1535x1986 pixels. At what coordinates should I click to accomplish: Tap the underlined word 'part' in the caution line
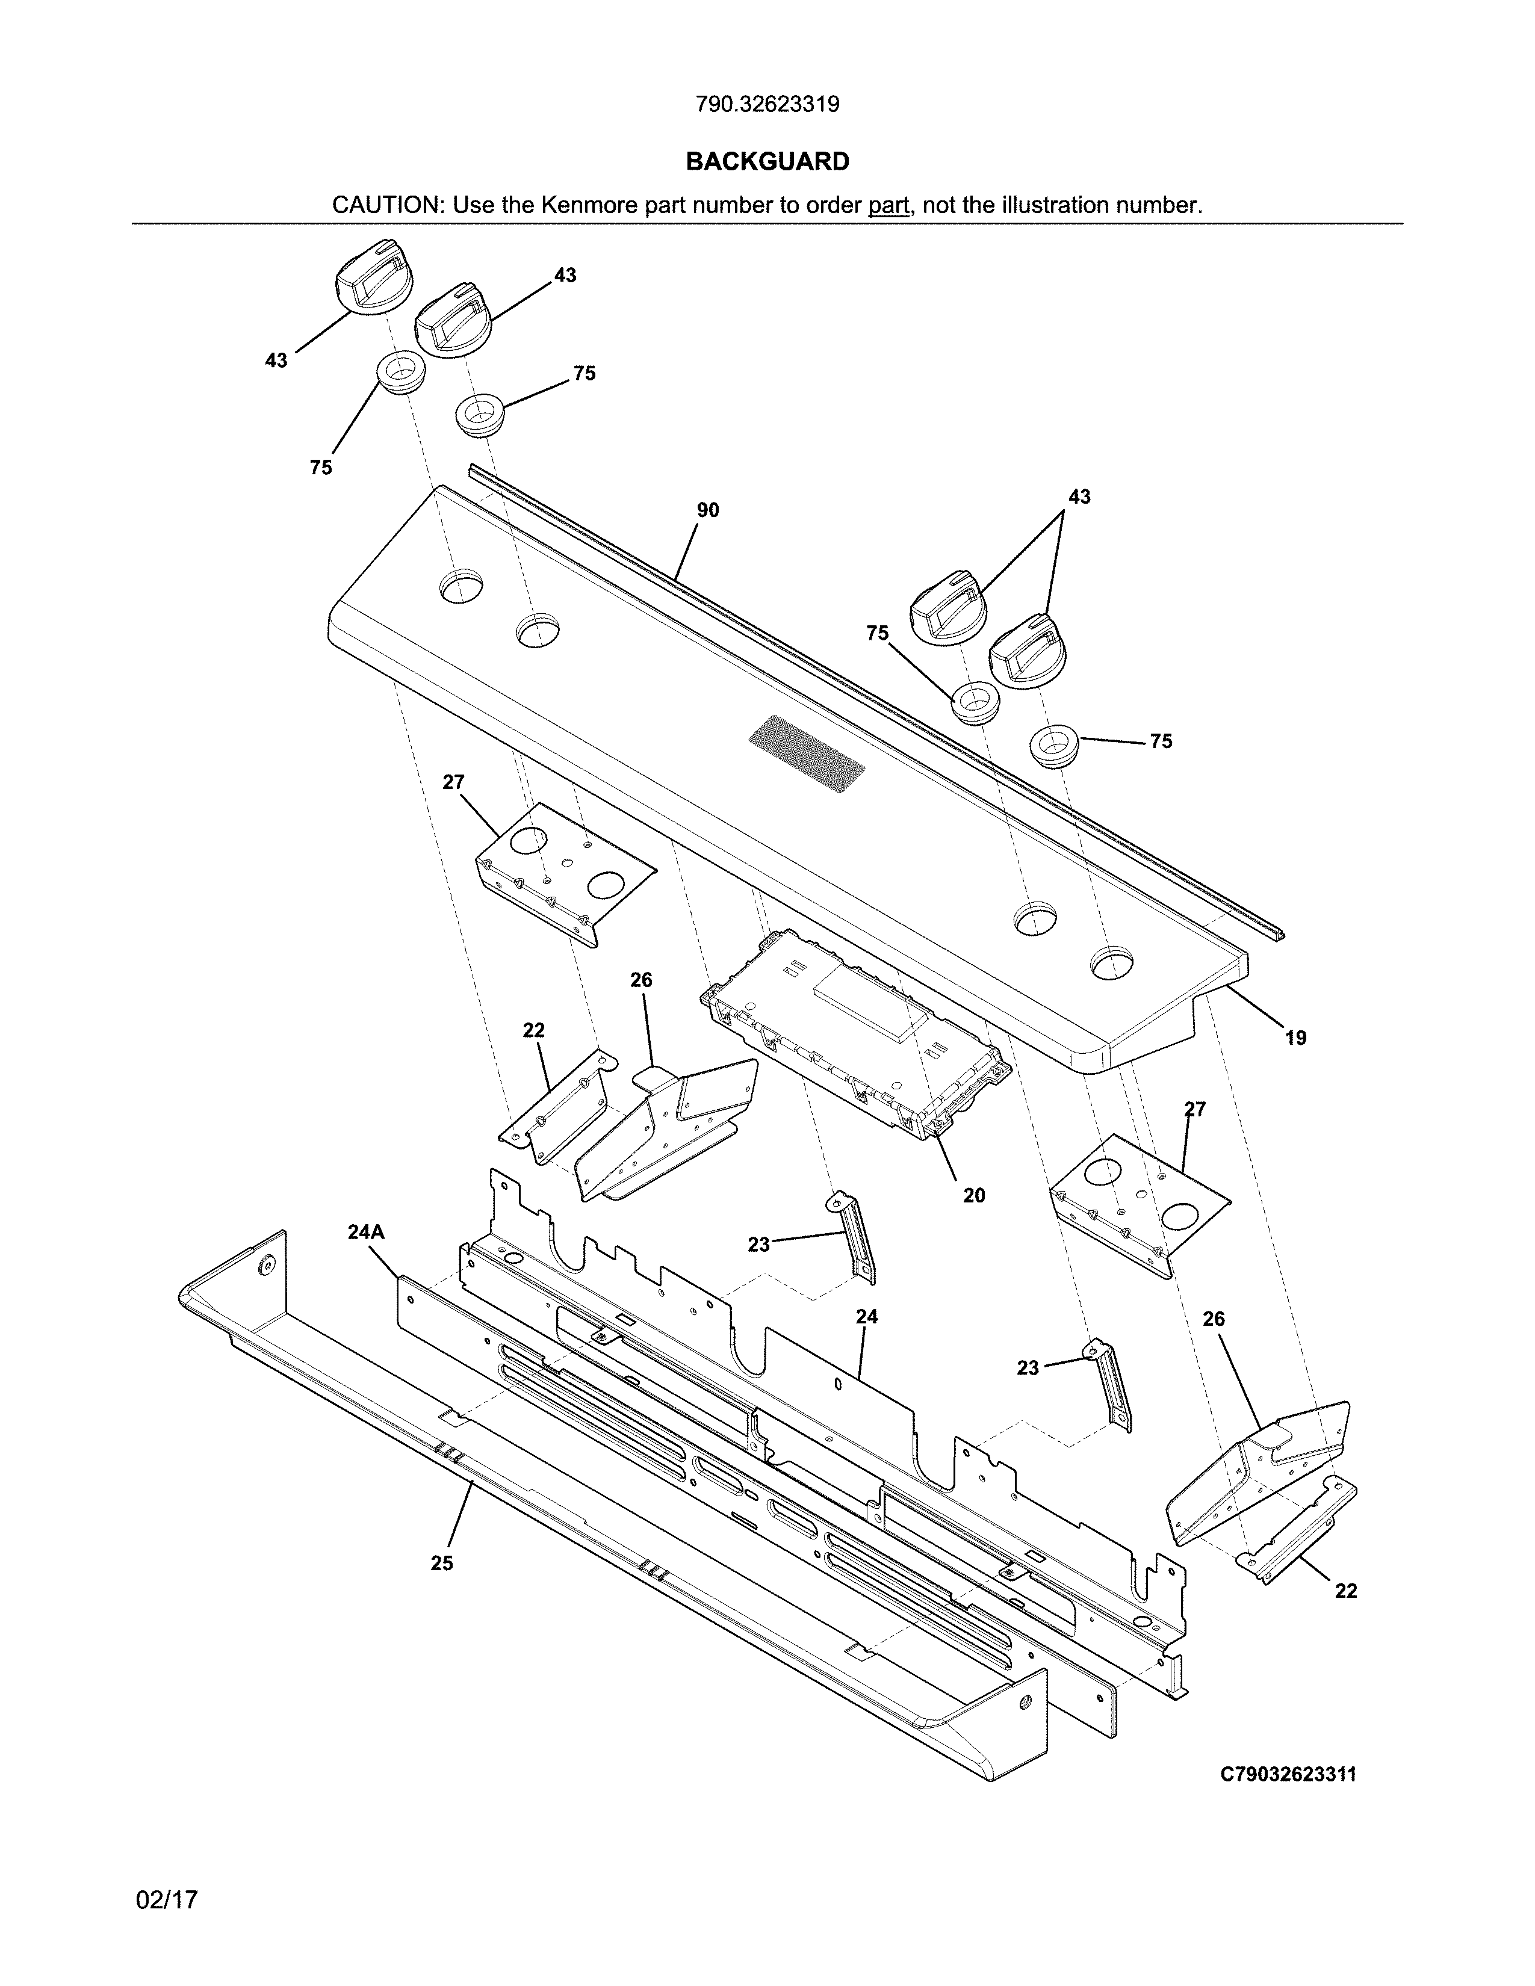pos(888,205)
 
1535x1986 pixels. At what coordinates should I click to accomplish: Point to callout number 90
pos(707,511)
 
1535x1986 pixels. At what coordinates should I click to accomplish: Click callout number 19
pos(1295,1038)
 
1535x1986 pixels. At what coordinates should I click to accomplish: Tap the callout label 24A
pos(365,1232)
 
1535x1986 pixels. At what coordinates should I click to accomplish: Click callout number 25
pos(441,1563)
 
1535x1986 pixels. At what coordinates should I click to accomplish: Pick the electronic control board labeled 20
pos(855,1032)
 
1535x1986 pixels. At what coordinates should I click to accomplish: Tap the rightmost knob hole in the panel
pos(1112,963)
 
